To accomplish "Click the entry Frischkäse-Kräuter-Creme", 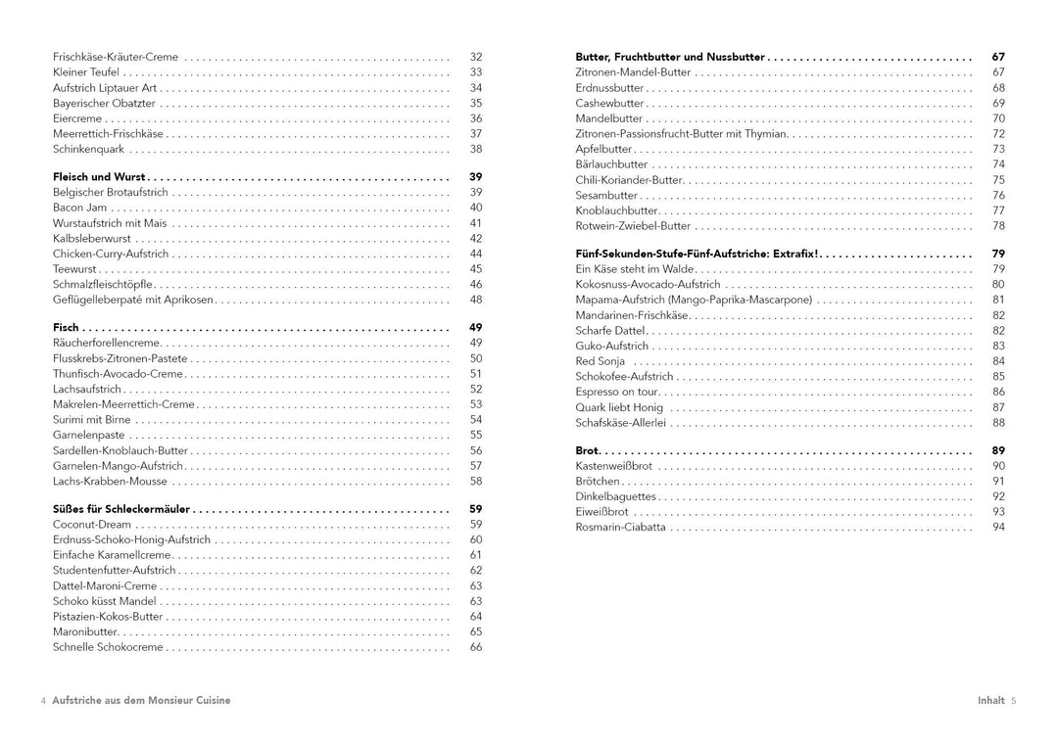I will [x=116, y=57].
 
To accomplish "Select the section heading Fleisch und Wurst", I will [x=99, y=177].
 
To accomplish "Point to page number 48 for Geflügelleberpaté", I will [x=476, y=300].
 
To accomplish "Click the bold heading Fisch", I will [x=66, y=328].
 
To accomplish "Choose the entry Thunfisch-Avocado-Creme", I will [x=118, y=374].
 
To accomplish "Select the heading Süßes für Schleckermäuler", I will [x=121, y=509].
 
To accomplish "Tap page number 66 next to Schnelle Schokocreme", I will [x=476, y=647].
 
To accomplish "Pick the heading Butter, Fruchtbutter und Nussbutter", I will [x=670, y=57].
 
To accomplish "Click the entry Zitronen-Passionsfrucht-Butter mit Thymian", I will [x=681, y=134].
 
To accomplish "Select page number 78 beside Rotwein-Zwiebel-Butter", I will [x=998, y=226].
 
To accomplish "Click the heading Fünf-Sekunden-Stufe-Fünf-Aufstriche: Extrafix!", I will [x=697, y=254].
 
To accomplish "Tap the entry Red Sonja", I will [x=601, y=361].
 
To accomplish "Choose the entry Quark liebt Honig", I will [x=619, y=407].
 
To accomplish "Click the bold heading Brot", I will [x=587, y=450].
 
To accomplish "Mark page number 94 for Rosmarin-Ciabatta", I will [x=998, y=527].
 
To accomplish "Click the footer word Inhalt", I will [x=990, y=700].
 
